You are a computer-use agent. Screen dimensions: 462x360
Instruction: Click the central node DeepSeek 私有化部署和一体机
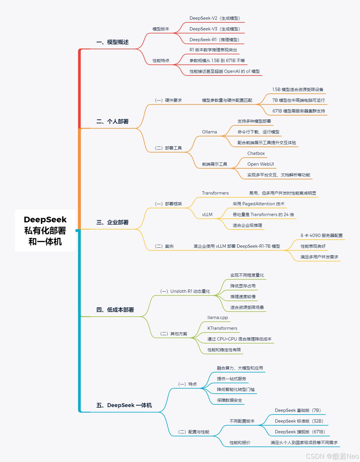45,230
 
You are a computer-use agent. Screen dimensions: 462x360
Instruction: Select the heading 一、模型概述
112,42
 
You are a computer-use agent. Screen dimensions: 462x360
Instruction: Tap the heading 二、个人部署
112,121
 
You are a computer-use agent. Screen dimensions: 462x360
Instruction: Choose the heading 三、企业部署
112,222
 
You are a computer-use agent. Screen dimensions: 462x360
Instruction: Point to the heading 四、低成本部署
115,310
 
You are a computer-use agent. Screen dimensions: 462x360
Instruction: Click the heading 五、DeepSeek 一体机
124,405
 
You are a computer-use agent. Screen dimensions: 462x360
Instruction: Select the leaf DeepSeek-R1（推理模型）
215,40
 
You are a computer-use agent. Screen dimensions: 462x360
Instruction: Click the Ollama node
209,132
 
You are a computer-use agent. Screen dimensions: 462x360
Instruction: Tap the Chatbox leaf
256,153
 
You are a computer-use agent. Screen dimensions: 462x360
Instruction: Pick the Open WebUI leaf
260,164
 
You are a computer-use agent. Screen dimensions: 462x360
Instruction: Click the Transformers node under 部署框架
215,193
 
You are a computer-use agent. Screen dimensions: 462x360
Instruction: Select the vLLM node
207,215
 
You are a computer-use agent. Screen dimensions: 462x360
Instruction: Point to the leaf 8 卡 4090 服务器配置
321,235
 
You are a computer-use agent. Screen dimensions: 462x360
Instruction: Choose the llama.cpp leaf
218,318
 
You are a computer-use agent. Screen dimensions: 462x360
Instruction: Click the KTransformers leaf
222,328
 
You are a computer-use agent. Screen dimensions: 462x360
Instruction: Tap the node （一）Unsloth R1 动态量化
185,291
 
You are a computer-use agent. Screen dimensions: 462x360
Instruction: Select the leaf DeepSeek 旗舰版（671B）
300,432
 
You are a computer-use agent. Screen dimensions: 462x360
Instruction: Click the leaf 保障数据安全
229,400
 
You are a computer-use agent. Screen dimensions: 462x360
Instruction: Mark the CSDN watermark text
332,456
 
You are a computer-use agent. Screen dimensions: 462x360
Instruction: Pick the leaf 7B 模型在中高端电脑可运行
298,100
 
